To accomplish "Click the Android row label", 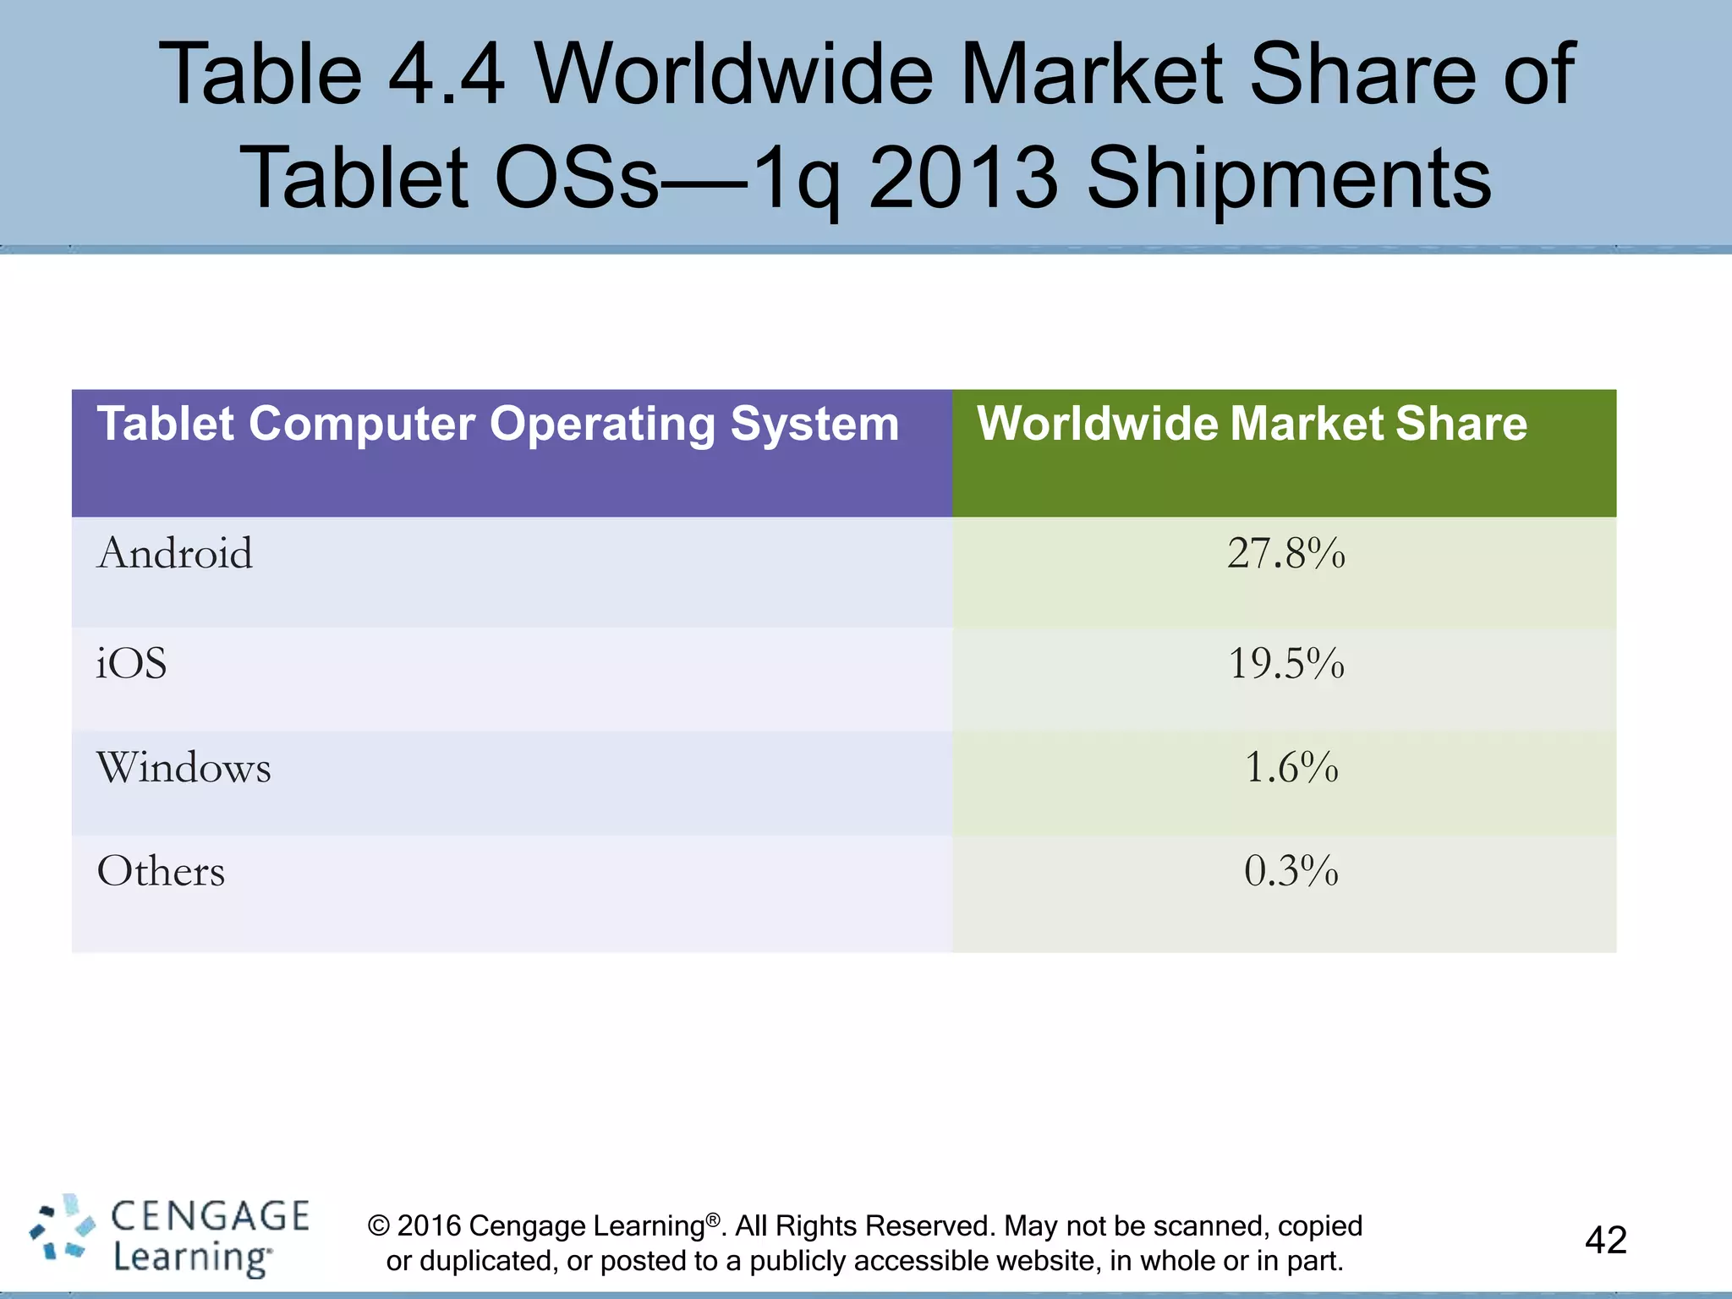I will click(x=175, y=554).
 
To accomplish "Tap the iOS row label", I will click(x=131, y=663).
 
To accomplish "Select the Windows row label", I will click(x=184, y=768).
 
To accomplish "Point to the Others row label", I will click(x=161, y=871).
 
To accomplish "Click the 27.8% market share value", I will click(x=1285, y=554).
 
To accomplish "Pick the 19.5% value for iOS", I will click(x=1285, y=663).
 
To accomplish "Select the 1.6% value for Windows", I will click(x=1291, y=768).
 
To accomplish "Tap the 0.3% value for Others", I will click(x=1291, y=871).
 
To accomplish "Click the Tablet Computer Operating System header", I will click(x=498, y=424).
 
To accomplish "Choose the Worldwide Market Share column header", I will click(x=1252, y=424).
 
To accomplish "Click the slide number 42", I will click(x=1605, y=1241).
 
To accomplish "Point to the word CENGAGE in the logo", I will click(x=211, y=1216).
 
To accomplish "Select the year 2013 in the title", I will click(x=963, y=178).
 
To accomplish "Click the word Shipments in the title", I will click(x=1289, y=178).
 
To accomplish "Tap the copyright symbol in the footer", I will click(x=379, y=1226).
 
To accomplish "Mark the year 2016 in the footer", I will click(x=430, y=1226).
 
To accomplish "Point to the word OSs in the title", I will click(x=575, y=178).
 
